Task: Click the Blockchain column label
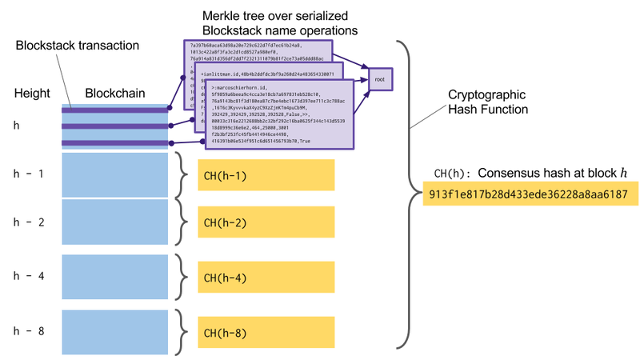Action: tap(115, 94)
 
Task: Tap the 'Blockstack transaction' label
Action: tap(70, 47)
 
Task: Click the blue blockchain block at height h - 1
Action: tap(115, 175)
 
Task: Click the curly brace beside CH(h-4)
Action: tap(182, 278)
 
